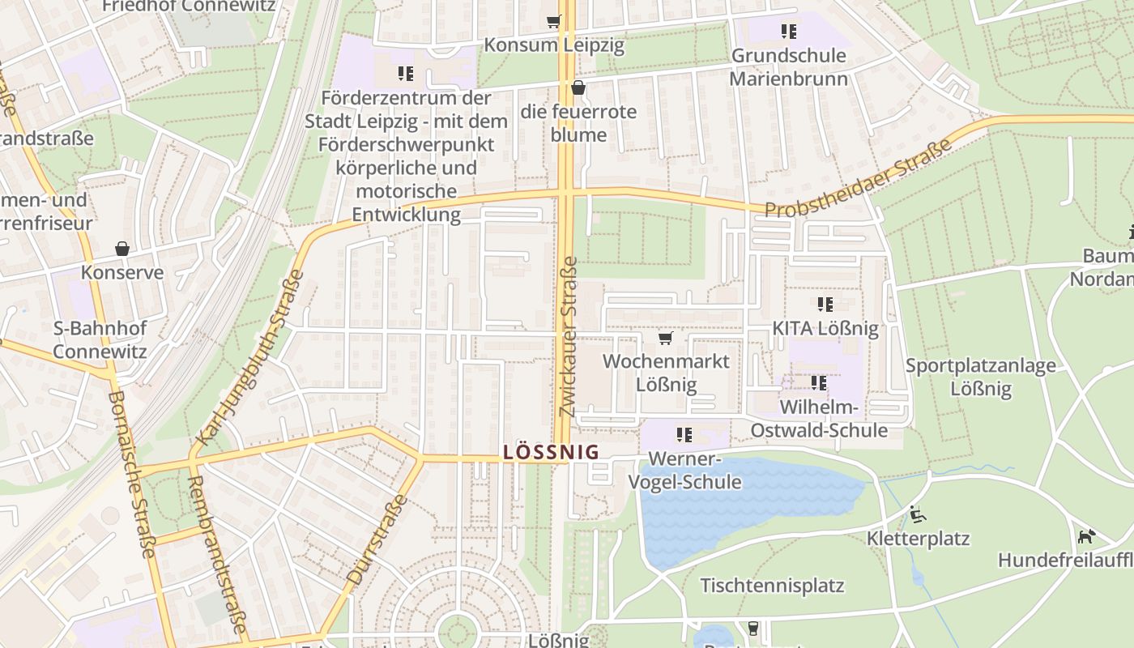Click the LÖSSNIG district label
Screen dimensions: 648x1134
click(551, 452)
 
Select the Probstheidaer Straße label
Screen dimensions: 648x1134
click(858, 180)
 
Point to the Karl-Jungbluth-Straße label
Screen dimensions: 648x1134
click(249, 357)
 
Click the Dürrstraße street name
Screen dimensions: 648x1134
click(377, 539)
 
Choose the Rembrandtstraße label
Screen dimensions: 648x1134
click(216, 553)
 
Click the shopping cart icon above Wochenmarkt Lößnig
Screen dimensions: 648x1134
click(666, 338)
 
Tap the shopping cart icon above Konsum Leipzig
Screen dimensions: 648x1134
click(554, 22)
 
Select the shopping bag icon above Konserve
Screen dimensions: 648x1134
click(122, 249)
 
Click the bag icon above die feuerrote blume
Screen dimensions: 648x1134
click(578, 87)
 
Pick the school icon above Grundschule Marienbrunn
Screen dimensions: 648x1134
click(788, 32)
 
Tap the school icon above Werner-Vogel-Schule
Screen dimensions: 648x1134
click(684, 435)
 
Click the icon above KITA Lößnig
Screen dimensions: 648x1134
click(825, 305)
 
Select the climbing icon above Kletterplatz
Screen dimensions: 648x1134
click(918, 514)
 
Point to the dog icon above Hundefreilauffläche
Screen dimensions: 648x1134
click(1086, 536)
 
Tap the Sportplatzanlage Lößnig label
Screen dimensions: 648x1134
click(980, 377)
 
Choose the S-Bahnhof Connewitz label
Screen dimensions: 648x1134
click(100, 340)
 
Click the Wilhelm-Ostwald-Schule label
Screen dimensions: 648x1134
click(819, 418)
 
